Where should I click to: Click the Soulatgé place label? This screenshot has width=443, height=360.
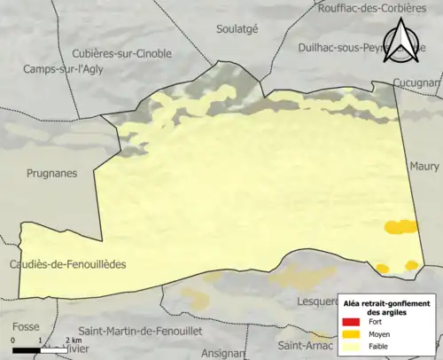[237, 28]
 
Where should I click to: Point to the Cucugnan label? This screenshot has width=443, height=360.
[417, 82]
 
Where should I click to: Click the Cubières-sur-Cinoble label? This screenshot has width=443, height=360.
[120, 51]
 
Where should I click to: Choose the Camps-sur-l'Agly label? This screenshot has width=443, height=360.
[63, 68]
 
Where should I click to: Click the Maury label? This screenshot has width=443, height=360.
[424, 166]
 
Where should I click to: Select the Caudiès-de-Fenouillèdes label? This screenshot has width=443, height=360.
[67, 264]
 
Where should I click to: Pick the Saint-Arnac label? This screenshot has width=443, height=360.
[302, 345]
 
